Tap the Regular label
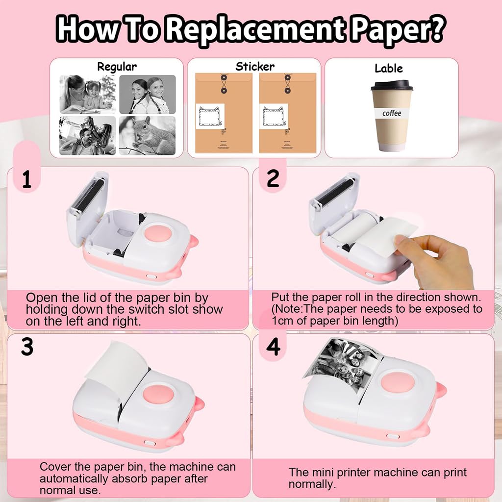pyautogui.click(x=117, y=67)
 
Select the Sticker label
pyautogui.click(x=255, y=67)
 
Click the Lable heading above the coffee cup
pyautogui.click(x=389, y=69)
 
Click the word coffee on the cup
pyautogui.click(x=392, y=113)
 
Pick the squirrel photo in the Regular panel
pyautogui.click(x=147, y=136)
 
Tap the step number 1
pyautogui.click(x=26, y=180)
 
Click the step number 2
pyautogui.click(x=273, y=179)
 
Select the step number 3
pyautogui.click(x=27, y=347)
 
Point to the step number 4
pyautogui.click(x=273, y=347)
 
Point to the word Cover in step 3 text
pyautogui.click(x=54, y=467)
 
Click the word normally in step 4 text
pyautogui.click(x=311, y=484)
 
